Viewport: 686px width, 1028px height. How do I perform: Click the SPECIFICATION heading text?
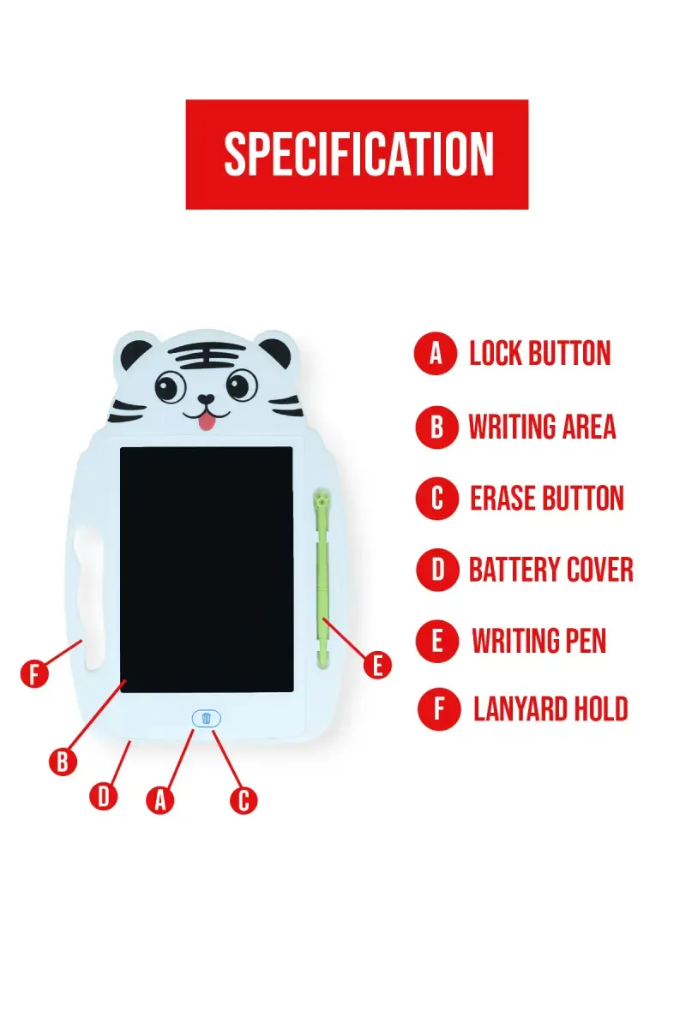pos(358,154)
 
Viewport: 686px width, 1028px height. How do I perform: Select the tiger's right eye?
pos(242,386)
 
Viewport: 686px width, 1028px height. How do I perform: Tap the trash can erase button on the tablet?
pos(206,718)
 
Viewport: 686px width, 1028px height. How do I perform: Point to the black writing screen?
pos(206,570)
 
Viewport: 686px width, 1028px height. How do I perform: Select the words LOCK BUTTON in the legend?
pos(539,354)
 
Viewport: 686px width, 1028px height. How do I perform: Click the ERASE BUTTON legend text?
pos(546,499)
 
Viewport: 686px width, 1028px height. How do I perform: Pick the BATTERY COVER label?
pos(551,570)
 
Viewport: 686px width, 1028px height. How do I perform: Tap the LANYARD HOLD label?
pos(551,709)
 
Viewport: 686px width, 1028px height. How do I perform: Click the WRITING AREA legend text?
pos(542,427)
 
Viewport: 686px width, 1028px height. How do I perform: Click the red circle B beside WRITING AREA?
pos(437,427)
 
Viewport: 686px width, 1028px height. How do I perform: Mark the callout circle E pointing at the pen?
pos(377,665)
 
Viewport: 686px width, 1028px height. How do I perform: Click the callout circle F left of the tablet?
pos(34,673)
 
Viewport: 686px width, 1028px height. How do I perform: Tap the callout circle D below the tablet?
pos(104,796)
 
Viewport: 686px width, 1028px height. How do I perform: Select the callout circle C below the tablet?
pos(244,800)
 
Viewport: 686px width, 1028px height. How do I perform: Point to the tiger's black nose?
pos(206,400)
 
